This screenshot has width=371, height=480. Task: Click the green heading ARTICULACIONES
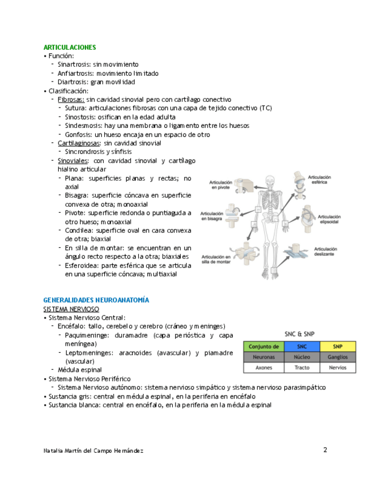(x=70, y=48)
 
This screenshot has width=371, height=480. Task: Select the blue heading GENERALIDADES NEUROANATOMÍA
(x=96, y=300)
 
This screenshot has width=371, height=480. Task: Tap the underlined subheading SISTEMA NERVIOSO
(x=71, y=309)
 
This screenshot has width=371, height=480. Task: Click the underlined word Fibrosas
(x=71, y=99)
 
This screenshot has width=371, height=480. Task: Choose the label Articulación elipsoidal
(x=329, y=220)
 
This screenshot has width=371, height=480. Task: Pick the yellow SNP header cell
(x=338, y=346)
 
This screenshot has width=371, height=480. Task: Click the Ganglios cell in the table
(x=338, y=357)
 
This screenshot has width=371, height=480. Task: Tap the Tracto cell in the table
(x=301, y=367)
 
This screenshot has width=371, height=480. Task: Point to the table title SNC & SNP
(x=300, y=333)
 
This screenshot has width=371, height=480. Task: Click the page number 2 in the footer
(x=325, y=450)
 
